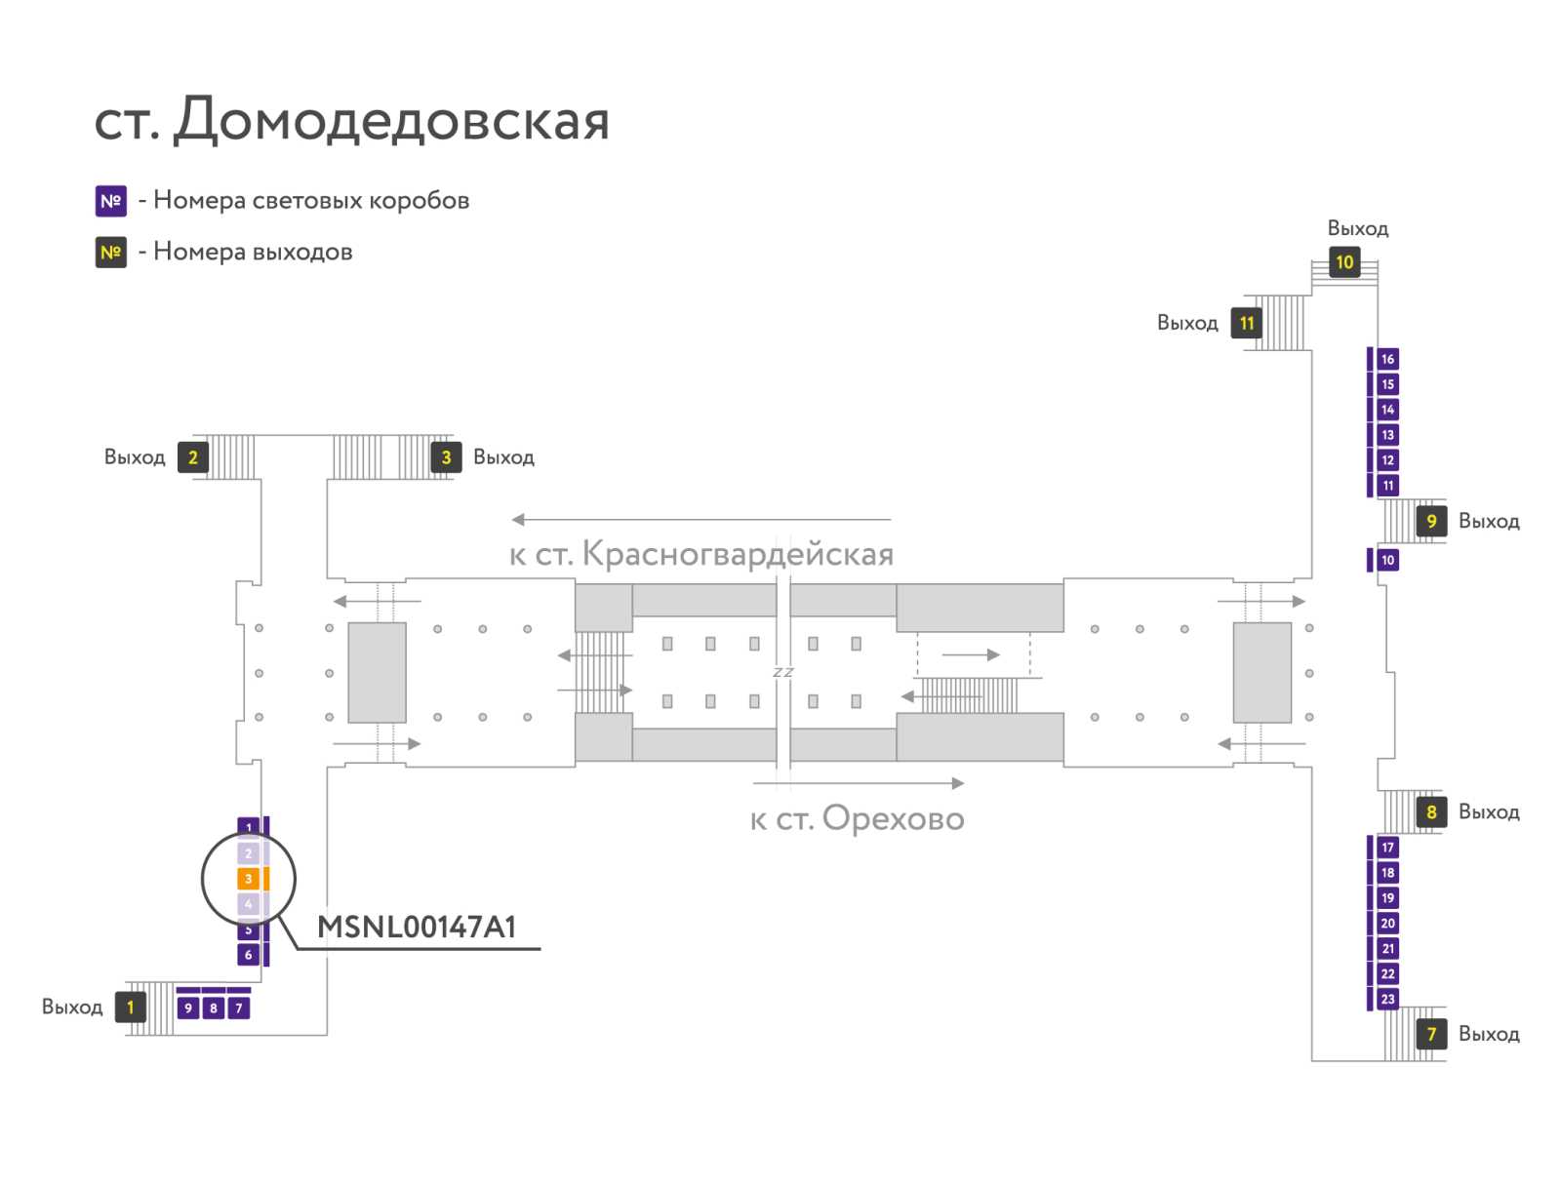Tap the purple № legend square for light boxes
point(111,201)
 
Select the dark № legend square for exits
point(111,253)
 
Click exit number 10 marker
point(1344,262)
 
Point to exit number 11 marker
point(1247,324)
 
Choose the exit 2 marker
point(193,457)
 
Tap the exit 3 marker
point(446,457)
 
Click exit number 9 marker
point(1431,522)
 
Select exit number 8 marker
point(1431,812)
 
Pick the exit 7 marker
point(1431,1034)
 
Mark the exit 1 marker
point(131,1007)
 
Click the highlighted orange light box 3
point(248,879)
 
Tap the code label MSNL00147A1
point(417,927)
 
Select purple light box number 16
point(1388,359)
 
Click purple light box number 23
point(1388,999)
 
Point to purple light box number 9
point(187,1008)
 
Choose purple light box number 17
point(1388,847)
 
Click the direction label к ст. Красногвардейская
point(701,554)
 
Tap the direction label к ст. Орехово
point(858,818)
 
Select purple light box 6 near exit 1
point(248,954)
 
